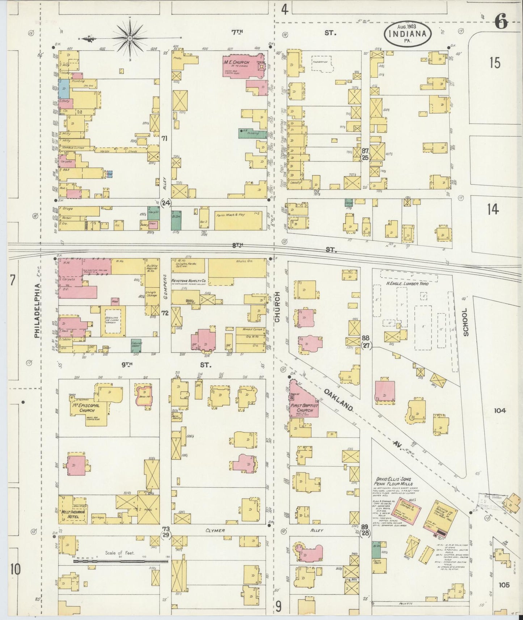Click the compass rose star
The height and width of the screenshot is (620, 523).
(130, 38)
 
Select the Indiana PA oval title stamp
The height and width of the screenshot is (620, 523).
(408, 34)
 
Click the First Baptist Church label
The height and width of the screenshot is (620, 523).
(304, 408)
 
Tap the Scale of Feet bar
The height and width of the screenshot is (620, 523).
(121, 562)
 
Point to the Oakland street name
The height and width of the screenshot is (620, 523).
(338, 399)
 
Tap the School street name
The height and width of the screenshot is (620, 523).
(465, 322)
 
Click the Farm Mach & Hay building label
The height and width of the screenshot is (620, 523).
(231, 215)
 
